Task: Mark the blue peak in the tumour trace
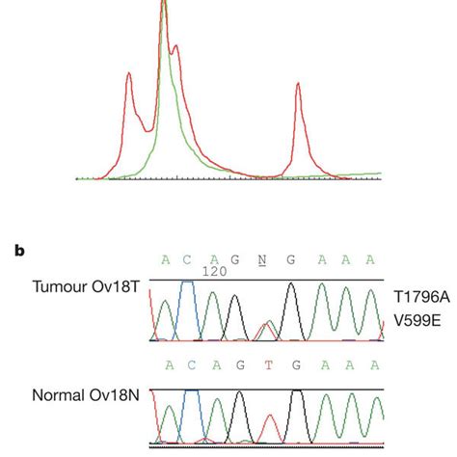coord(189,289)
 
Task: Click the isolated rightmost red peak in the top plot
coord(298,92)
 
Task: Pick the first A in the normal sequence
coord(167,366)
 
